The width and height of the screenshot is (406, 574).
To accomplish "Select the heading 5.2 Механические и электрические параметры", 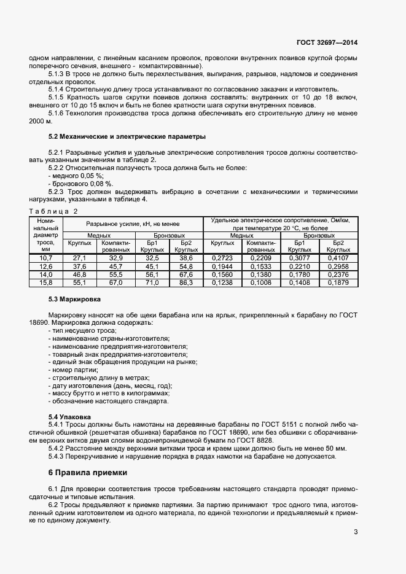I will click(127, 136).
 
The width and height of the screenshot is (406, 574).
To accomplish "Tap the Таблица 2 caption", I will click(53, 211).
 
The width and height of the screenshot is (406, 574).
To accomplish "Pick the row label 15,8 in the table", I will click(46, 282).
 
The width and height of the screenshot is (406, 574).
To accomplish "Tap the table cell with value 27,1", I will click(80, 258).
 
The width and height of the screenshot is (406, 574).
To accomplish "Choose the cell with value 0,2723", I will click(223, 258).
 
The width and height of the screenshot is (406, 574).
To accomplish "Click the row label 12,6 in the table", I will click(46, 266).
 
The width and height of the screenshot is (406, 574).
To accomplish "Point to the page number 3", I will click(356, 532).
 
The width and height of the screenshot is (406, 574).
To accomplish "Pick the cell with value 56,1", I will click(152, 274).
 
